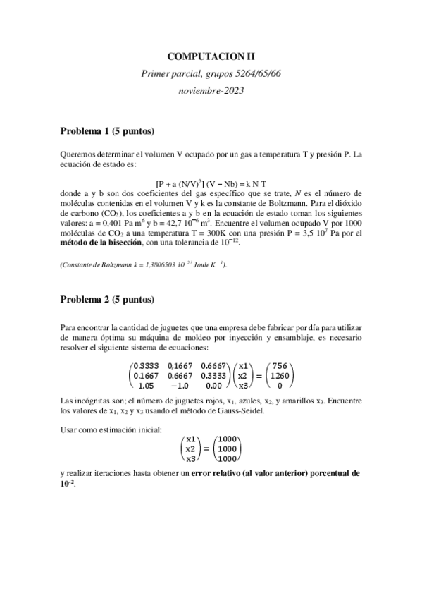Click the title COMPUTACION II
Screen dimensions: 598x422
211,54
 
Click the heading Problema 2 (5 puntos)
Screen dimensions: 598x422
106,300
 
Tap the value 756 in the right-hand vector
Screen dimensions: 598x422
280,366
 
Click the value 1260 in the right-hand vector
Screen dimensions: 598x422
280,376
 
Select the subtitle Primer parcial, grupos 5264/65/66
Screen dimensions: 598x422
211,73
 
